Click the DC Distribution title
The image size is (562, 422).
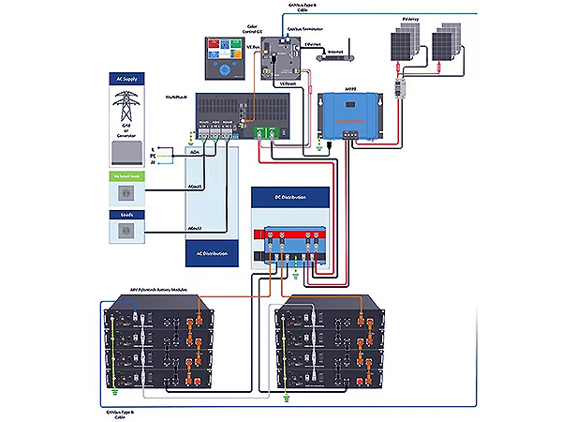[292, 197]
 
